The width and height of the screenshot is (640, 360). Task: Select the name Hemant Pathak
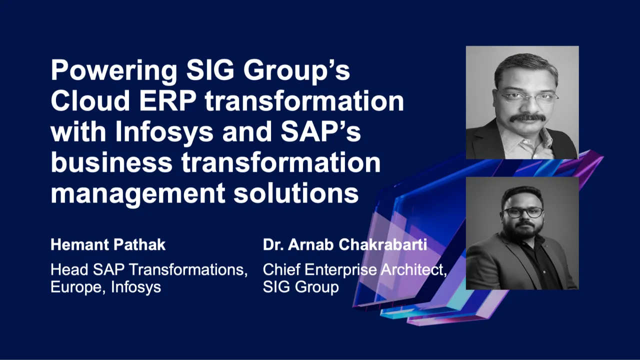tap(108, 245)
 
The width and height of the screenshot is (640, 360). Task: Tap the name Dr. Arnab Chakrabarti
tap(344, 245)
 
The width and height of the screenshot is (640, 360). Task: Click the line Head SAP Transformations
tap(149, 270)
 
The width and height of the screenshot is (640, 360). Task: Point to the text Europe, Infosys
tap(105, 287)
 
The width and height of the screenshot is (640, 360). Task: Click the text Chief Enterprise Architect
tap(354, 270)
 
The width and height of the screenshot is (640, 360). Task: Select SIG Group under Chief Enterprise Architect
tap(300, 287)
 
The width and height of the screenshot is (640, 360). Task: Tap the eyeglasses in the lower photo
tap(523, 212)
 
